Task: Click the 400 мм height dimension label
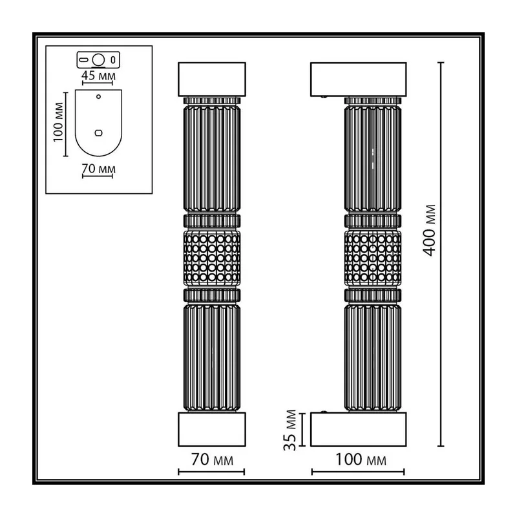click(x=429, y=230)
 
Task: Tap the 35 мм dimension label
click(x=290, y=430)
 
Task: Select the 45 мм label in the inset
click(x=98, y=76)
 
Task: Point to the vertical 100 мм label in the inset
click(x=58, y=122)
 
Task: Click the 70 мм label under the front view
click(x=212, y=459)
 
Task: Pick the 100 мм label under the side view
click(x=361, y=459)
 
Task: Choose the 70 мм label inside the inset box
click(x=98, y=169)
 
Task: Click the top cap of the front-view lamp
click(x=212, y=79)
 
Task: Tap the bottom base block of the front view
click(x=212, y=429)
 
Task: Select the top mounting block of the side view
click(x=359, y=79)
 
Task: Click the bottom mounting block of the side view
click(x=359, y=429)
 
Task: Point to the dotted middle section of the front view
click(x=212, y=258)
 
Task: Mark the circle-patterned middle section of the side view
click(x=373, y=258)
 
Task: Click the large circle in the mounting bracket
click(x=98, y=60)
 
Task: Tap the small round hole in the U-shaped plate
click(x=98, y=96)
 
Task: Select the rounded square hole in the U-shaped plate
click(x=98, y=133)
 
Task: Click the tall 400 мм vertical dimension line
click(x=441, y=254)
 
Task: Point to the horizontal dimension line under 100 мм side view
click(x=358, y=472)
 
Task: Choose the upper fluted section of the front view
click(x=212, y=158)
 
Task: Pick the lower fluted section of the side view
click(x=373, y=358)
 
